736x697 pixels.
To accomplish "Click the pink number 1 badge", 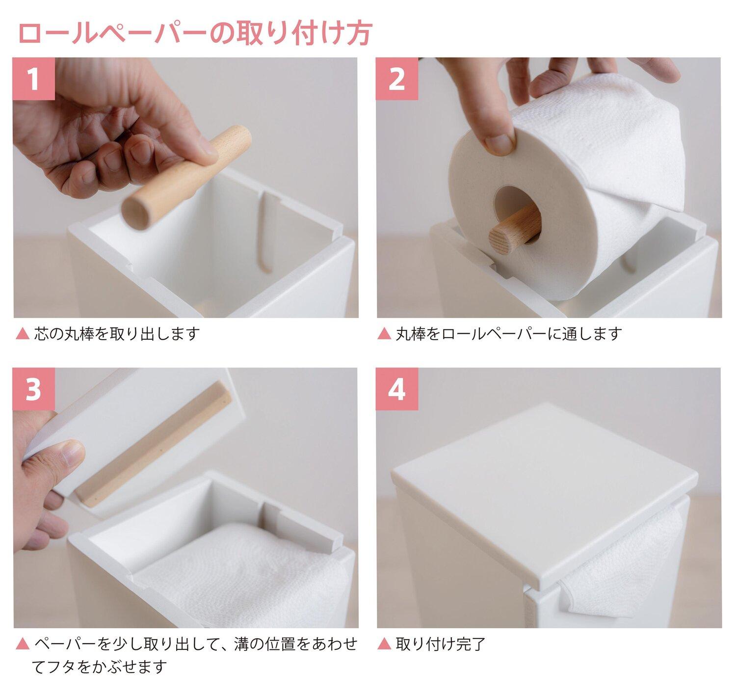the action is click(34, 78).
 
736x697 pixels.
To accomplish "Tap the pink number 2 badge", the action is click(397, 78).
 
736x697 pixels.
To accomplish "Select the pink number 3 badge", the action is click(34, 389).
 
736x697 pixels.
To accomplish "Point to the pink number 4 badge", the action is click(397, 389).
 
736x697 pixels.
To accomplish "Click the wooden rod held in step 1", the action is click(186, 178).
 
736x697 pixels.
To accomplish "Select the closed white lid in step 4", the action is click(544, 483).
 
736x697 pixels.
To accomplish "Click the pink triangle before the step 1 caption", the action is click(23, 333).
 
